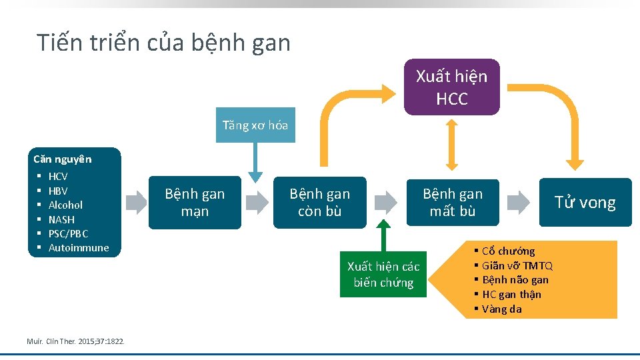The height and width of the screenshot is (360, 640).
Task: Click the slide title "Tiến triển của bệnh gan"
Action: pyautogui.click(x=164, y=43)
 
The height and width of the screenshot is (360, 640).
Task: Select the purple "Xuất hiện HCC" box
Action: pyautogui.click(x=452, y=87)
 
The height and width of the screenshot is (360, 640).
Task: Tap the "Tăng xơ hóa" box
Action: pyautogui.click(x=255, y=125)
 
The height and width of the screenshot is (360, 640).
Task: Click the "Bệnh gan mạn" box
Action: pyautogui.click(x=195, y=203)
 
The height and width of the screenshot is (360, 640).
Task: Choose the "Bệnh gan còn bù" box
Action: pyautogui.click(x=319, y=203)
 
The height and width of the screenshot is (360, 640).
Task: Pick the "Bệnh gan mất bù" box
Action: pyautogui.click(x=452, y=203)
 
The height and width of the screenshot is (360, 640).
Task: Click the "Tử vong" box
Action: pyautogui.click(x=585, y=203)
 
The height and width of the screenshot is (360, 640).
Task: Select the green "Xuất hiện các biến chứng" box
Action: pyautogui.click(x=383, y=275)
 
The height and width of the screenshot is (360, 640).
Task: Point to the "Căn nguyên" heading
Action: pyautogui.click(x=63, y=159)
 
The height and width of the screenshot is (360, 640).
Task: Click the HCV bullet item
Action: pyautogui.click(x=58, y=177)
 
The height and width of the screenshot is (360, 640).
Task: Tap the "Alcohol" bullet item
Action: pyautogui.click(x=65, y=205)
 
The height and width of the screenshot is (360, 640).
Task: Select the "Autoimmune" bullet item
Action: pyautogui.click(x=78, y=248)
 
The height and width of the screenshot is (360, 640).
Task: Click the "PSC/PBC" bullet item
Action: pyautogui.click(x=68, y=233)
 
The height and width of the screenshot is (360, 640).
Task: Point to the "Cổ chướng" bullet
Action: pyautogui.click(x=508, y=251)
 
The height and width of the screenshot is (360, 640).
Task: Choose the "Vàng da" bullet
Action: pyautogui.click(x=501, y=309)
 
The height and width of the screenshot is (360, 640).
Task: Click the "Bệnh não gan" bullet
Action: pyautogui.click(x=515, y=280)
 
